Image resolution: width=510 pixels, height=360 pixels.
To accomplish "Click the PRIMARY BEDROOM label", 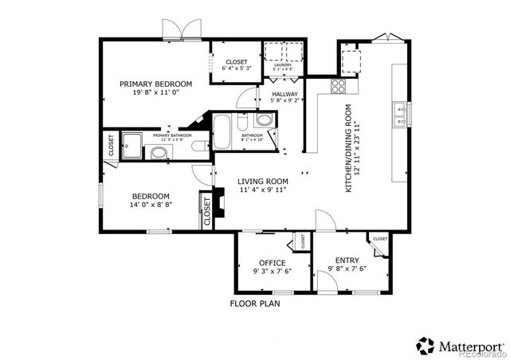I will [155, 84].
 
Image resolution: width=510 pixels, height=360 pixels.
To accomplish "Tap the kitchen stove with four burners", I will [338, 85].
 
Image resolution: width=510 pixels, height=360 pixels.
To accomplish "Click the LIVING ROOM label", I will [262, 181].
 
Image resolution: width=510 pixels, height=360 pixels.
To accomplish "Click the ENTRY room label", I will [347, 260].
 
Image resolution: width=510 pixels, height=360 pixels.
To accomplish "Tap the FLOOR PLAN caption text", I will [255, 303].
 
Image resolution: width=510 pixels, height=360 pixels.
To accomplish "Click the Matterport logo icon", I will [424, 346].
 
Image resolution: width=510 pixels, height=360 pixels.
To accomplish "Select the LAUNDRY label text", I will [283, 65].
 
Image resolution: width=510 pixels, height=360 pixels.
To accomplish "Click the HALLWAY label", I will [284, 93].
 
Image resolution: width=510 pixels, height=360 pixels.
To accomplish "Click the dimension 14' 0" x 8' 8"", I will [151, 205].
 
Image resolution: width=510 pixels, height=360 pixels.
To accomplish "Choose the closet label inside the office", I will [303, 240].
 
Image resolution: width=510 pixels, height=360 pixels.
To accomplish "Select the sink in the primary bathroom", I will [160, 152].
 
